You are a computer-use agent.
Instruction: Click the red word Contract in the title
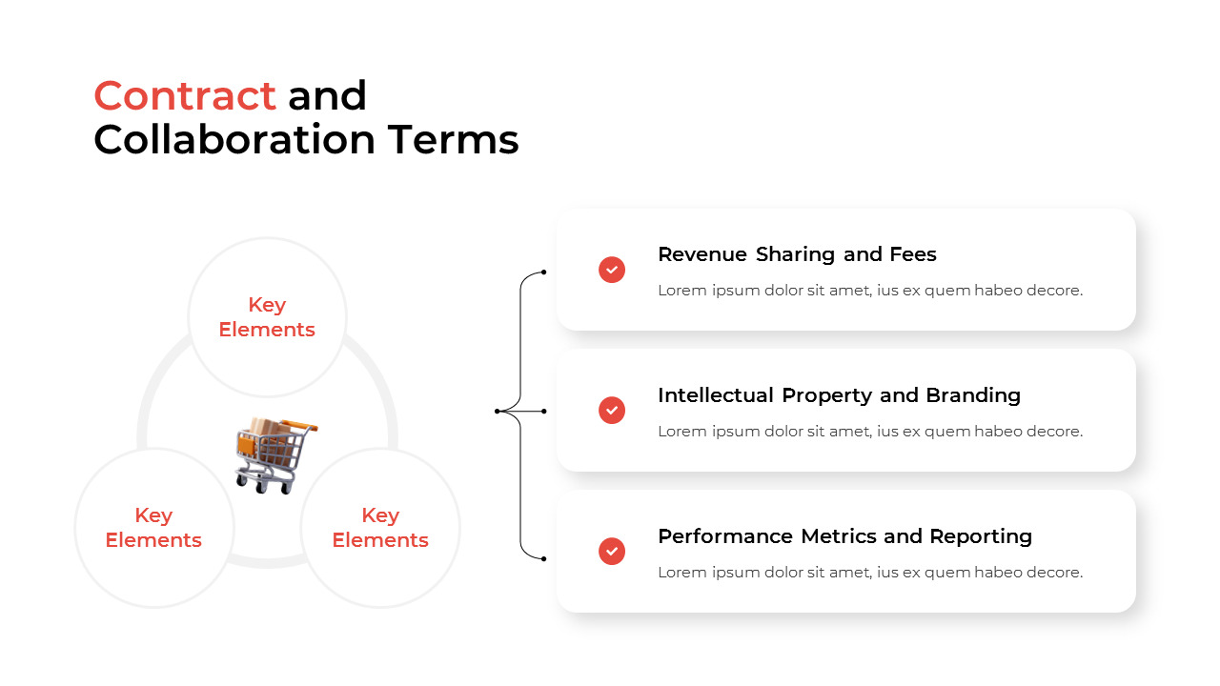185,96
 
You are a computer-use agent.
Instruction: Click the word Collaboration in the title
234,140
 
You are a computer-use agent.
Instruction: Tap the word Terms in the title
453,140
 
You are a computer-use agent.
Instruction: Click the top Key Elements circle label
267,317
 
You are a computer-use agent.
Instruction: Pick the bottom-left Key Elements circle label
153,528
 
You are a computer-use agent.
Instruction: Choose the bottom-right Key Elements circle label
380,528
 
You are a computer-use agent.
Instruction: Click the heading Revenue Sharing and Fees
797,254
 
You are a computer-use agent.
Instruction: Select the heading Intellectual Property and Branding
839,395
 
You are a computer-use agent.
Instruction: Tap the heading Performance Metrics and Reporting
844,536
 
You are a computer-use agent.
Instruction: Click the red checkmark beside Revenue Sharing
612,270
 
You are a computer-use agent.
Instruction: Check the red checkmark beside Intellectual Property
612,411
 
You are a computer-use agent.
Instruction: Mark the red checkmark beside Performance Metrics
612,552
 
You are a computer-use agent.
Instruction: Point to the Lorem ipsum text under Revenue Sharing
869,291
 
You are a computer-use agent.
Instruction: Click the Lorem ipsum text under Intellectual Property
869,432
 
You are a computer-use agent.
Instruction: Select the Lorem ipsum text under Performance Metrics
869,573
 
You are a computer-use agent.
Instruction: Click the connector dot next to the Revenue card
543,272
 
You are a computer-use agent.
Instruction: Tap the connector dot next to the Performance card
543,558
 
